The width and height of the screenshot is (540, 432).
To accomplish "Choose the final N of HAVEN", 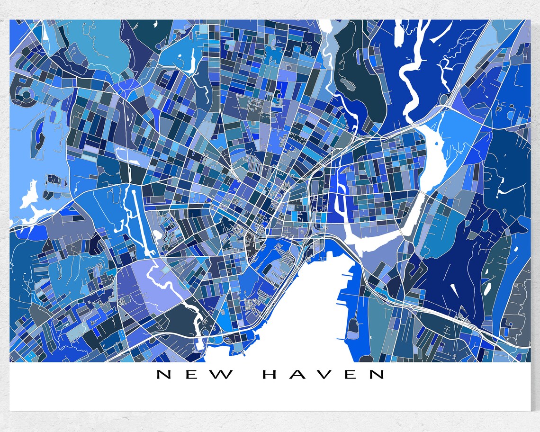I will tap(377, 375).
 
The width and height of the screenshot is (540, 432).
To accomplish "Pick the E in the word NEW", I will tap(194, 375).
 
